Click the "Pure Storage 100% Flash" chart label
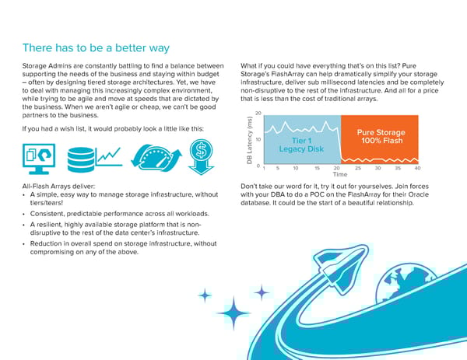[x=381, y=136]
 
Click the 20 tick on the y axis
[x=258, y=113]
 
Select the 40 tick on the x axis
[x=418, y=168]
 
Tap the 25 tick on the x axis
[x=357, y=168]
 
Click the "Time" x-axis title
[x=340, y=175]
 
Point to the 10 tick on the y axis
[x=258, y=139]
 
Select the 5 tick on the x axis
[x=276, y=168]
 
